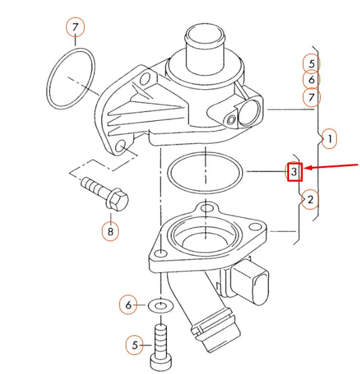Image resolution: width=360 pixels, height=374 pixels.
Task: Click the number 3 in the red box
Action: click(294, 172)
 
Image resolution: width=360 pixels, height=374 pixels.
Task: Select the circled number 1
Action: click(328, 140)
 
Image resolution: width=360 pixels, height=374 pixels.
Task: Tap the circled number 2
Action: click(309, 200)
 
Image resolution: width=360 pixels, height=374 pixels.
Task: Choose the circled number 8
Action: click(111, 232)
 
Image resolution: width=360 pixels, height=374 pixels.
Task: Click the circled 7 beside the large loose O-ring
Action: click(76, 28)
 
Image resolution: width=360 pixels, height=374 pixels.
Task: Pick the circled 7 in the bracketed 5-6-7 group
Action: click(311, 97)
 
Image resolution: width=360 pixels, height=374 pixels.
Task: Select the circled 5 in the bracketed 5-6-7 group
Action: click(311, 63)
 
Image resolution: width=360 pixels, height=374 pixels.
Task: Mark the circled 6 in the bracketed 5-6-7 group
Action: click(311, 80)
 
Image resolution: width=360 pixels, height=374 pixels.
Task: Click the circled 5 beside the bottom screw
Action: click(135, 345)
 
